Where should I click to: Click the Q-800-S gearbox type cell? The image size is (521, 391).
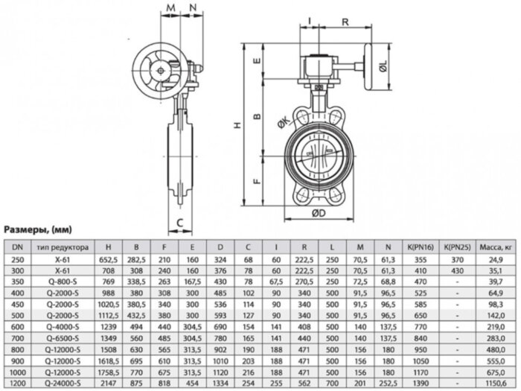[68, 284]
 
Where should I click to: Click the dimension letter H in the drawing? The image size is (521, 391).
[237, 127]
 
